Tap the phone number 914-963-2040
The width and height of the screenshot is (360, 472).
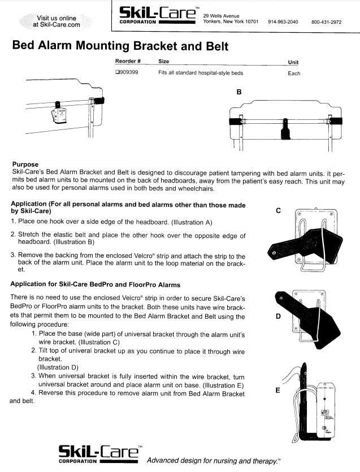pyautogui.click(x=283, y=22)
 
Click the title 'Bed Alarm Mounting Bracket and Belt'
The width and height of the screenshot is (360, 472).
pyautogui.click(x=120, y=46)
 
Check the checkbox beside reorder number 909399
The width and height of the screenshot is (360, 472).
pyautogui.click(x=117, y=73)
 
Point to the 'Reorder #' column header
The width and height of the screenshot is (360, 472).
pyautogui.click(x=128, y=61)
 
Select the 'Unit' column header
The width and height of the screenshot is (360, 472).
pyautogui.click(x=293, y=62)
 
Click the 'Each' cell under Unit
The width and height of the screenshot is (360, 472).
pyautogui.click(x=294, y=73)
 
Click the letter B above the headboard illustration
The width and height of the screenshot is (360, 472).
pyautogui.click(x=238, y=92)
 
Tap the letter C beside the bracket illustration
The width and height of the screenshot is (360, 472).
pyautogui.click(x=278, y=211)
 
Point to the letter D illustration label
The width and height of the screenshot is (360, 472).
pyautogui.click(x=278, y=317)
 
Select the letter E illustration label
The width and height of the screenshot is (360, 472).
pyautogui.click(x=278, y=390)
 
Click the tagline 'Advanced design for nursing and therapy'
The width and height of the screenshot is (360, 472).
pyautogui.click(x=214, y=461)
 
